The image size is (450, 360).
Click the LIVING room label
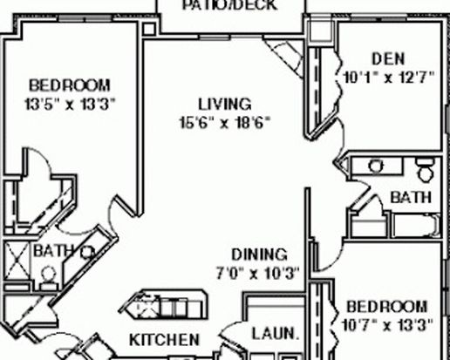(x=225, y=104)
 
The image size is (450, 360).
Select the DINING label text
(x=259, y=255)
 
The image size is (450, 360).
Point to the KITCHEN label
(x=165, y=340)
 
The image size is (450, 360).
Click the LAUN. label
(x=276, y=334)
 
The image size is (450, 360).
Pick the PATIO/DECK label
(x=229, y=5)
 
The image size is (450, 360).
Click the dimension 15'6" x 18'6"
(x=225, y=122)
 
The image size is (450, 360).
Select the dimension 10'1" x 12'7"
(x=389, y=78)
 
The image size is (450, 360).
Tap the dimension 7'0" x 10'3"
(x=258, y=273)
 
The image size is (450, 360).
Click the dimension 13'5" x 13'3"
(x=70, y=104)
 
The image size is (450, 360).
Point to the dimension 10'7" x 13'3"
(x=388, y=325)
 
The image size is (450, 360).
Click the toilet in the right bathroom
(x=426, y=170)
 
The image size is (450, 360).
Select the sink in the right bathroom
(x=376, y=166)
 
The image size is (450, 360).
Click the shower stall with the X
(x=17, y=261)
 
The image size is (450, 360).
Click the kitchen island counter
(x=165, y=304)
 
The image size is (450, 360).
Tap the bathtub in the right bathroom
(x=417, y=226)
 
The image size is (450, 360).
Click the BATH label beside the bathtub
(x=411, y=197)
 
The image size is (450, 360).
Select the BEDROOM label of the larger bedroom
(x=70, y=85)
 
